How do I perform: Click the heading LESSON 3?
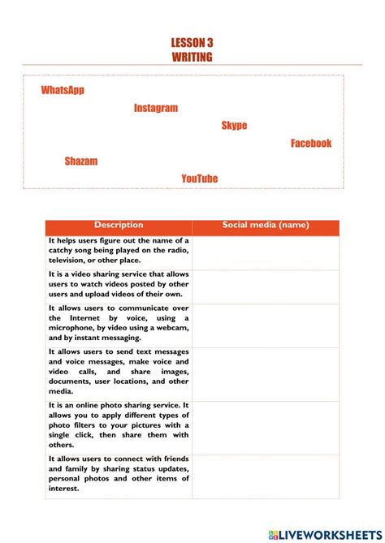point(192,42)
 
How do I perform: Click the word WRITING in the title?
point(192,57)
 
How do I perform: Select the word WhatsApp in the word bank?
point(63,90)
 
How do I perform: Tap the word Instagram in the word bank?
point(155,108)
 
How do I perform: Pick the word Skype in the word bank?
point(234,126)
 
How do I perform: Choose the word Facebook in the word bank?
point(311,144)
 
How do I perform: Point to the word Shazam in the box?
point(81,162)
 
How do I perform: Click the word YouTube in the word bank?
point(200,179)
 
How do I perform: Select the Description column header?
point(119,226)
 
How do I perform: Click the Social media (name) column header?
point(266,226)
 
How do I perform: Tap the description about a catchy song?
point(119,251)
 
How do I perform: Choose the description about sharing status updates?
point(119,474)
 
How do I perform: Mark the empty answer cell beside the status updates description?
point(266,474)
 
